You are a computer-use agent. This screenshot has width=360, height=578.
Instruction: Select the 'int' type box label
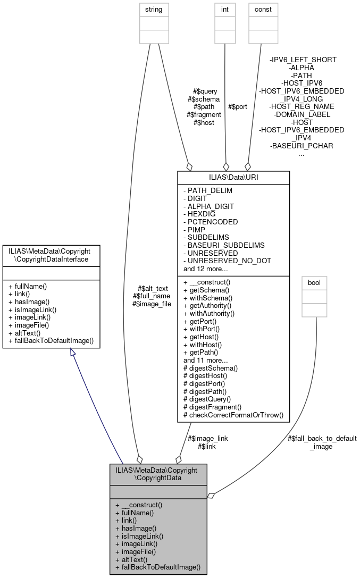click(x=224, y=10)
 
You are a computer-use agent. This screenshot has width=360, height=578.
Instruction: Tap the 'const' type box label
click(x=263, y=10)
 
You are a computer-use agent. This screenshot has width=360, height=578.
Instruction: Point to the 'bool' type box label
click(x=314, y=281)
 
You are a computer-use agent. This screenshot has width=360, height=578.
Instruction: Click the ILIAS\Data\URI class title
click(x=233, y=177)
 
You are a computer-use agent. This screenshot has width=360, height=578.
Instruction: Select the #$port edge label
click(x=237, y=107)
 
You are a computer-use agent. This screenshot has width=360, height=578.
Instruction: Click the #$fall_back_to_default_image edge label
click(x=322, y=442)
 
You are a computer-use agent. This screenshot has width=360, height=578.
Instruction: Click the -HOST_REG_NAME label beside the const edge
click(x=301, y=107)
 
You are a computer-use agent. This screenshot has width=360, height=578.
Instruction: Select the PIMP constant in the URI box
click(x=195, y=230)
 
